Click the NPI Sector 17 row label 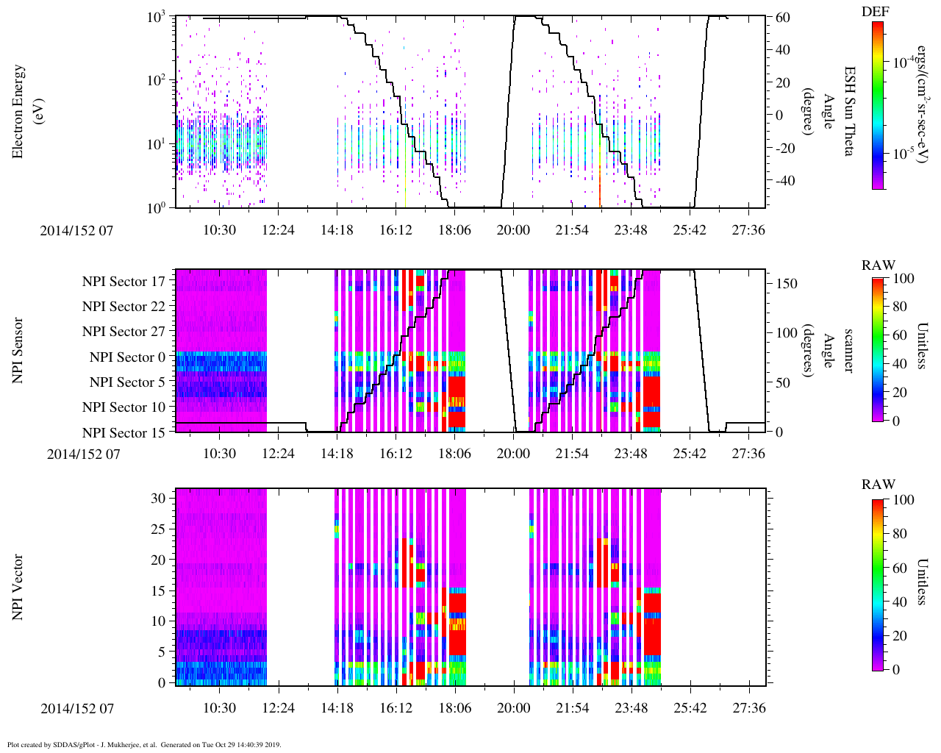[x=124, y=282]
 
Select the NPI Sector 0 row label [x=127, y=357]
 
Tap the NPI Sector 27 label [x=124, y=332]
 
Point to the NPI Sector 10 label [x=124, y=407]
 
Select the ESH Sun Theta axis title [x=848, y=111]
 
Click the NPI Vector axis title [x=18, y=587]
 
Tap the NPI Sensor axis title [x=18, y=350]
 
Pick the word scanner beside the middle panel [x=848, y=350]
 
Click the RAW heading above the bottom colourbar [x=879, y=485]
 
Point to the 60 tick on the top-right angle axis [x=782, y=18]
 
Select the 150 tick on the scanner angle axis [x=787, y=284]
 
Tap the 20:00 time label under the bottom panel [x=512, y=708]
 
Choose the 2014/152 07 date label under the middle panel [x=83, y=454]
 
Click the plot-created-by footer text [x=144, y=745]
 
